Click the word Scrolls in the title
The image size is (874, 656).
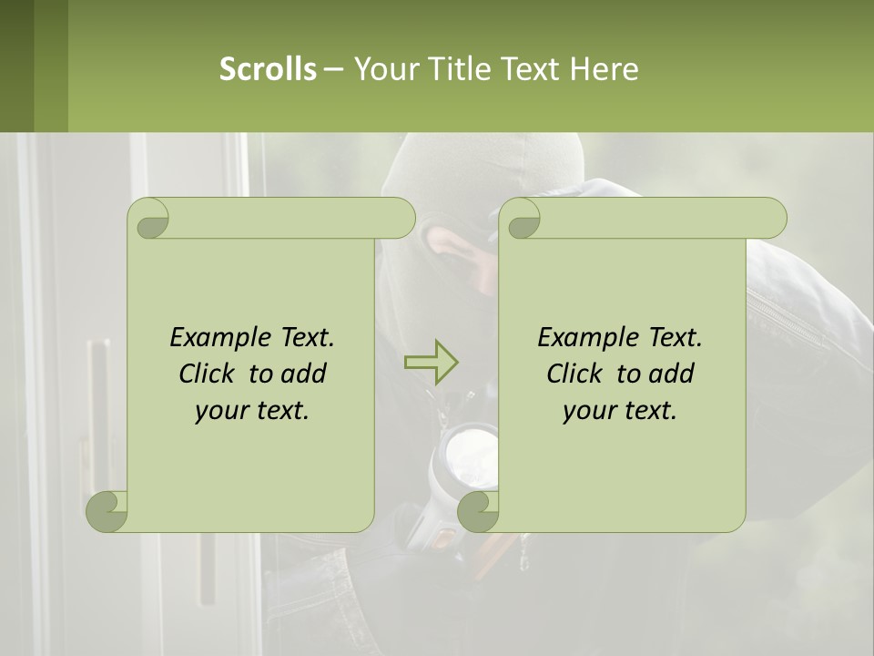pyautogui.click(x=268, y=69)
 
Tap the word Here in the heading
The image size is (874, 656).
pyautogui.click(x=604, y=69)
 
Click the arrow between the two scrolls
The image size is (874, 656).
pyautogui.click(x=431, y=362)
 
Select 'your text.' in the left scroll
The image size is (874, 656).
pyautogui.click(x=252, y=411)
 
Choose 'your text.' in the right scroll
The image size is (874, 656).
pyautogui.click(x=620, y=411)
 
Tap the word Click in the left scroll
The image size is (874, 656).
pyautogui.click(x=208, y=374)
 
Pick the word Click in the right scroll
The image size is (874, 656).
pyautogui.click(x=576, y=374)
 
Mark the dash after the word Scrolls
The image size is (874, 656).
pyautogui.click(x=333, y=69)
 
